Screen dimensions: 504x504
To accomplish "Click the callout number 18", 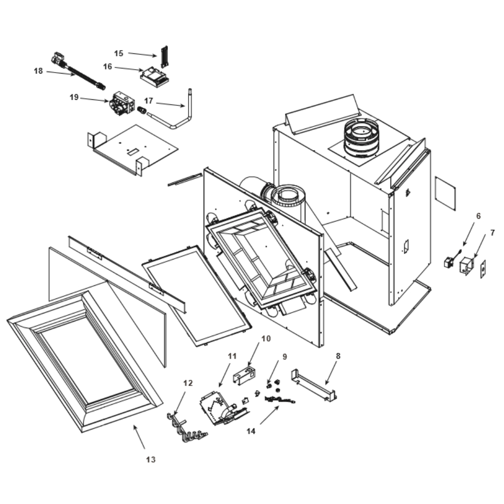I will click(38, 71).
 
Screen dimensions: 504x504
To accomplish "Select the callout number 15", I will click(118, 53).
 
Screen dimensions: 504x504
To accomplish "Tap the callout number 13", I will click(151, 460).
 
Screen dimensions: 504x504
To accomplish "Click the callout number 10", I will click(266, 338).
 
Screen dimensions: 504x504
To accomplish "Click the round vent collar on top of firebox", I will click(361, 138).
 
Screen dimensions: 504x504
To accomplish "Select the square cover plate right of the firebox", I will click(445, 193).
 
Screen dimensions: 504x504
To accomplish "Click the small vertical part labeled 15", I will click(163, 57).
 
